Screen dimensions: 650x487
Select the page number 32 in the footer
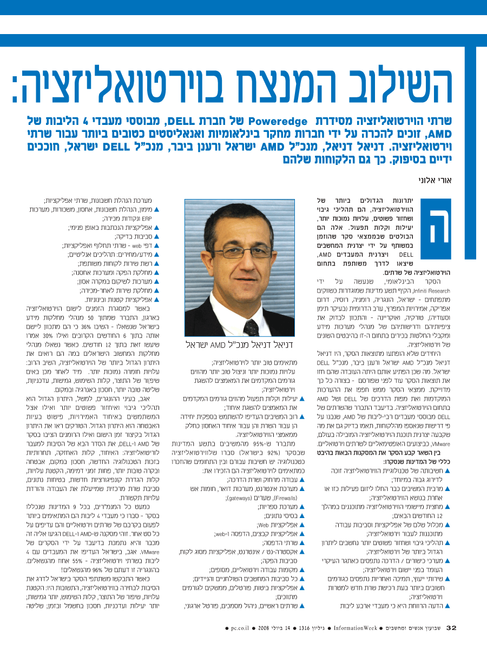tap(451, 628)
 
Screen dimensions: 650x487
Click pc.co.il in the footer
tap(239, 628)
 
